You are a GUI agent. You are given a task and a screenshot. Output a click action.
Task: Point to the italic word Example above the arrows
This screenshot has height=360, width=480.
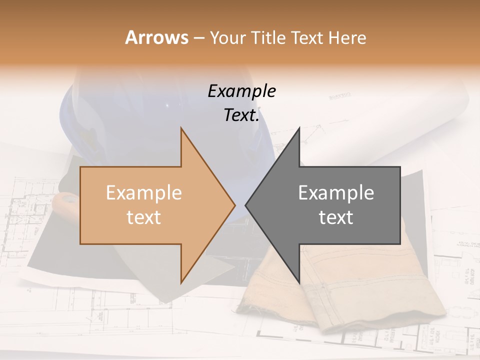pos(241,91)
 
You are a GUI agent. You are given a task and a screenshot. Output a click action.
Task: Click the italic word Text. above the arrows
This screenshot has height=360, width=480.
pos(241,115)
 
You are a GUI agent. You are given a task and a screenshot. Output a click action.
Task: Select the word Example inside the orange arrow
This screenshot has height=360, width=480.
pos(144,193)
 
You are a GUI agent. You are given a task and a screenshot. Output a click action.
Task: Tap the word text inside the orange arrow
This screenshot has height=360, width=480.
pos(144,217)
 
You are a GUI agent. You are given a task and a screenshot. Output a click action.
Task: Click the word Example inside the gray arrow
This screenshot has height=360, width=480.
pos(336,193)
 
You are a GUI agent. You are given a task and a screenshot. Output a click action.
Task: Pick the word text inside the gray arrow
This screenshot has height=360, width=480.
pos(336,217)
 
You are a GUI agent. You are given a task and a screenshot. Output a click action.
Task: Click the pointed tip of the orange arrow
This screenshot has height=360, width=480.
pos(234,205)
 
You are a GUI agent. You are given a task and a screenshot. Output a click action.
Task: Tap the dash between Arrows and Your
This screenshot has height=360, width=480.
pos(198,38)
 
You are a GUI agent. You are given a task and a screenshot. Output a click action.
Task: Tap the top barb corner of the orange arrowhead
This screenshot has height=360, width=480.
pos(181,128)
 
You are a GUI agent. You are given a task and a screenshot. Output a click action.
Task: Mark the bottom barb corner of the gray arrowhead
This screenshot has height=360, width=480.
pos(299,283)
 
